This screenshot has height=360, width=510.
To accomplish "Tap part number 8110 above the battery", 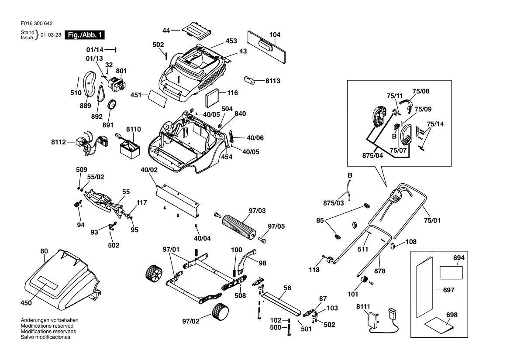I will [x=133, y=130].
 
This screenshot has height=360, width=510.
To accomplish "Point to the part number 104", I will [x=275, y=35].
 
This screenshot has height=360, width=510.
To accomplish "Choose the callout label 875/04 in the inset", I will [x=373, y=155].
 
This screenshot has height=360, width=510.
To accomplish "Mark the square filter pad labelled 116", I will [x=212, y=98].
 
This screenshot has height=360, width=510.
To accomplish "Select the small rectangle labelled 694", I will [x=451, y=273].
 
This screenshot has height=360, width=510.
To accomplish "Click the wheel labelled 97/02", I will [x=220, y=312].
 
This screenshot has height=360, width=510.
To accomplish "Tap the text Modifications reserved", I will [x=47, y=326].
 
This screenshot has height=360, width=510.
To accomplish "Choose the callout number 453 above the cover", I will [x=231, y=41].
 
